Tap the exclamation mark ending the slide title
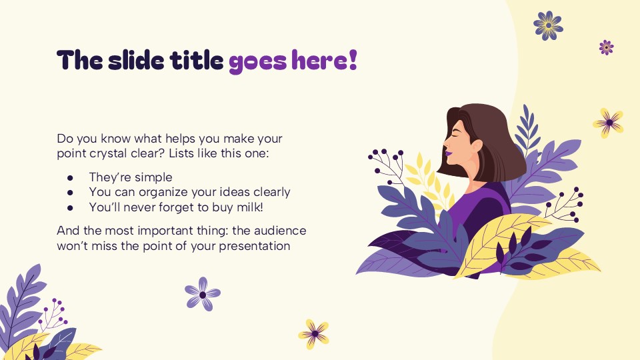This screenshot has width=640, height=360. pos(353,60)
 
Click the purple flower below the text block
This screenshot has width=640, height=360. pos(203,294)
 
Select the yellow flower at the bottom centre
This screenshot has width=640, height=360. pos(313,333)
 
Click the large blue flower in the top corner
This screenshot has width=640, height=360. pos(548,25)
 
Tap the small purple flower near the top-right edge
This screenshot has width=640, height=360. pos(606,47)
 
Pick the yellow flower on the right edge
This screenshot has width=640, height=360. pos(608,123)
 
